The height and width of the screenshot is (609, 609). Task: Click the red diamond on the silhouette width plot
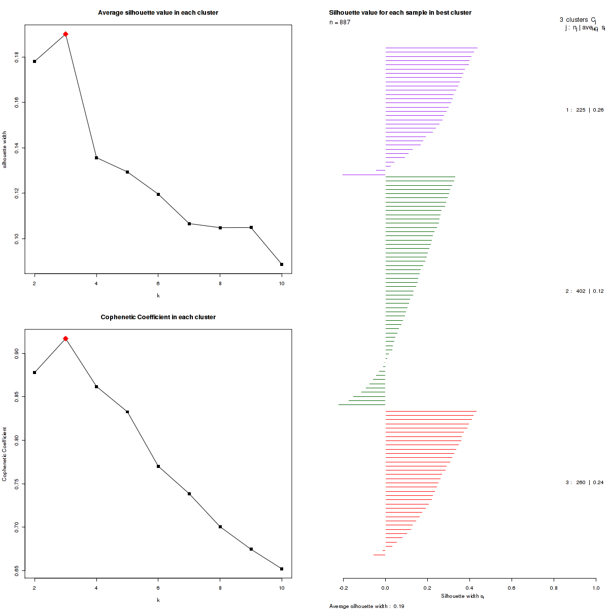point(65,34)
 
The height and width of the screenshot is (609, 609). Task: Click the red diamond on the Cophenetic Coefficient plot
point(65,339)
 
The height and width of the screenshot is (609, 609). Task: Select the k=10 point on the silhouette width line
point(282,264)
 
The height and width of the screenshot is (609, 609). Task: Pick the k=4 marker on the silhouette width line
point(96,158)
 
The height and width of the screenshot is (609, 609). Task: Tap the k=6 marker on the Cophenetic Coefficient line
point(158,466)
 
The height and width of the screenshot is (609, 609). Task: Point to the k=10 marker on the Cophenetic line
point(282,569)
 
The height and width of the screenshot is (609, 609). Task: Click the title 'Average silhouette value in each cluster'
point(158,13)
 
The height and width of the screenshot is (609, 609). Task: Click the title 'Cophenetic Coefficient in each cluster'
point(158,317)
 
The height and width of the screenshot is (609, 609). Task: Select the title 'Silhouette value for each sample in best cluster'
point(400,13)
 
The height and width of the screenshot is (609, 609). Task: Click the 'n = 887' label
point(340,22)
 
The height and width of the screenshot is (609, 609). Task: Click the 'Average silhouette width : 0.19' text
point(366,606)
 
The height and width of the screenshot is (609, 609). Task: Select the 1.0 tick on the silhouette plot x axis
point(596,588)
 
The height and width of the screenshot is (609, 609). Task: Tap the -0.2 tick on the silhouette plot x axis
point(343,588)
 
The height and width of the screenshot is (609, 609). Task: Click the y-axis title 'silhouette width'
point(5,150)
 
